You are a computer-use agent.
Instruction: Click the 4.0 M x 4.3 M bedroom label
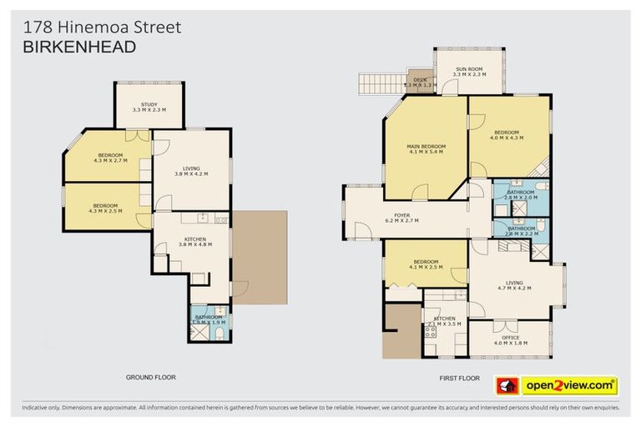pos(507,134)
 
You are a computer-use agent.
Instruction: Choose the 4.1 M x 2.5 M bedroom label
pos(426,264)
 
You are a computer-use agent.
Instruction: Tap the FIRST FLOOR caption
pos(459,378)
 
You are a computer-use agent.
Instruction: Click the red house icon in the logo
pos(507,385)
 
